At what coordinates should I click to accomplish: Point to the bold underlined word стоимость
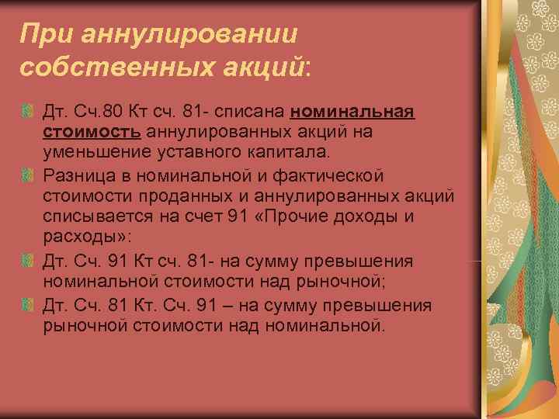pos(92,132)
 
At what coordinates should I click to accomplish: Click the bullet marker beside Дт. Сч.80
pos(29,113)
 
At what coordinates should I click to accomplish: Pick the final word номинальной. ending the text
pos(325,324)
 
